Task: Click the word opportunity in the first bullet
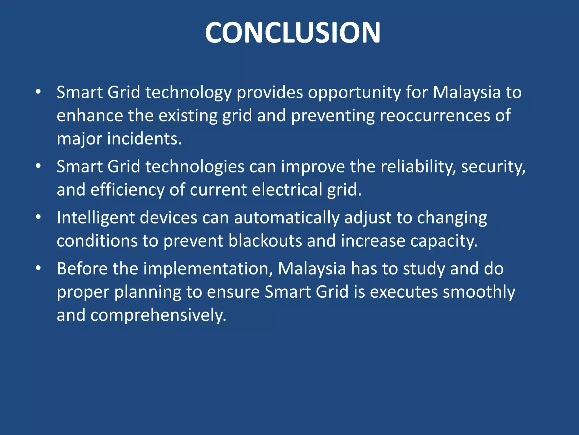(x=354, y=93)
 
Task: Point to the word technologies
(x=195, y=167)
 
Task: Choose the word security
(x=493, y=167)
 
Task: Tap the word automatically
(x=286, y=218)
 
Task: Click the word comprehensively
(x=158, y=315)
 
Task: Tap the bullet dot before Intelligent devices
(x=38, y=217)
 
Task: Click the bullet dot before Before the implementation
(x=38, y=268)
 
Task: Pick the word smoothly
(x=479, y=292)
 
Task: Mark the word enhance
(x=90, y=116)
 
